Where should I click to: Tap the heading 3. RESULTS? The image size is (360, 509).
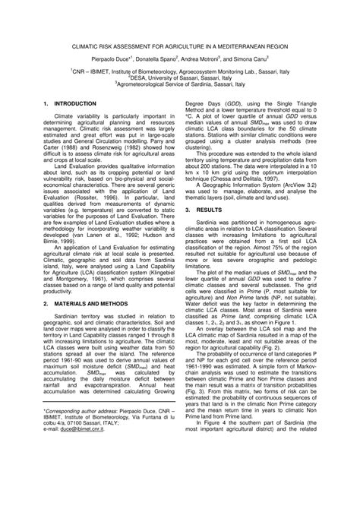209,185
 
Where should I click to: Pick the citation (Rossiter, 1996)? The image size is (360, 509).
106,195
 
